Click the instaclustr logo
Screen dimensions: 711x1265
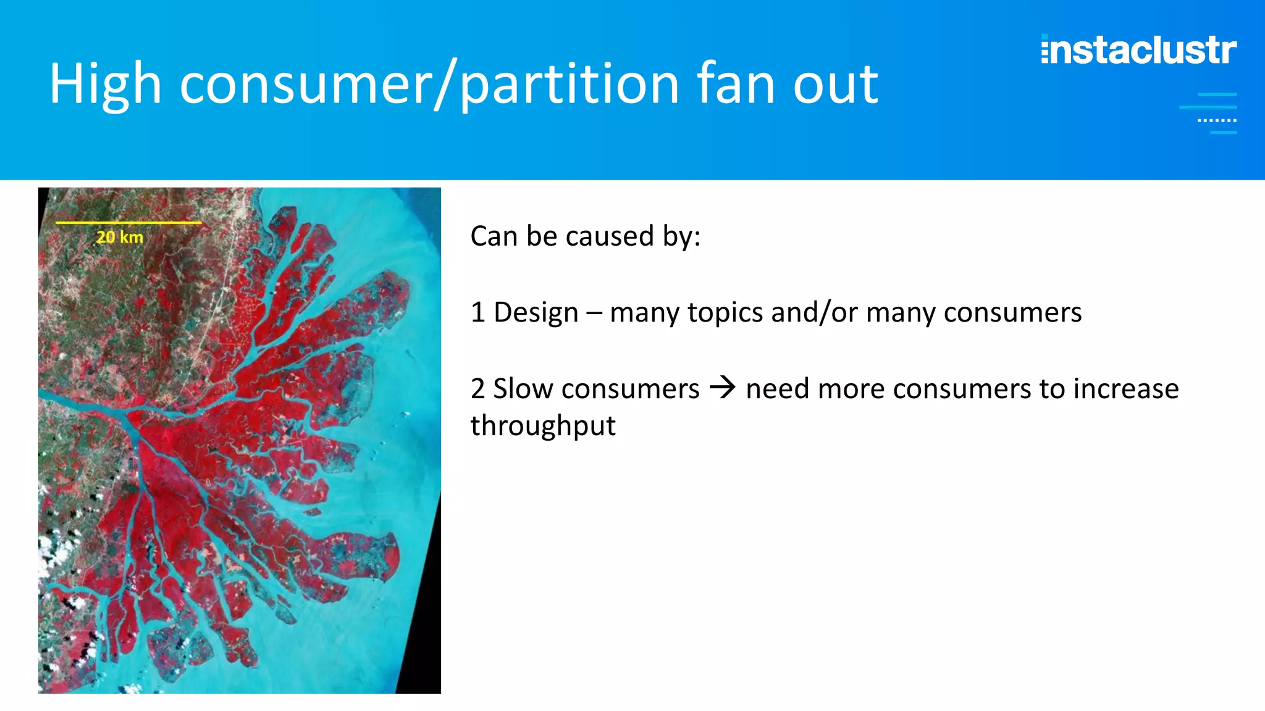(1138, 50)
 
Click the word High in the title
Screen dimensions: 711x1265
(105, 85)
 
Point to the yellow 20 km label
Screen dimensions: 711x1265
(120, 237)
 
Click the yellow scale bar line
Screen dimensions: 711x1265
(128, 222)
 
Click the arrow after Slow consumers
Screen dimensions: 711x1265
(723, 388)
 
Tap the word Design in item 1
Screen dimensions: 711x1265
(536, 312)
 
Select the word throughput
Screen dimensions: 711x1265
(543, 426)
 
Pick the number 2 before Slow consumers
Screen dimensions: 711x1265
(477, 389)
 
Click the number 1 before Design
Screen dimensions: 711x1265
(477, 312)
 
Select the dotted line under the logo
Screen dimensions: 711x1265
(1217, 120)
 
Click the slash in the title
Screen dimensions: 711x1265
(446, 85)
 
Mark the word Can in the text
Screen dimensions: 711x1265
(494, 236)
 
